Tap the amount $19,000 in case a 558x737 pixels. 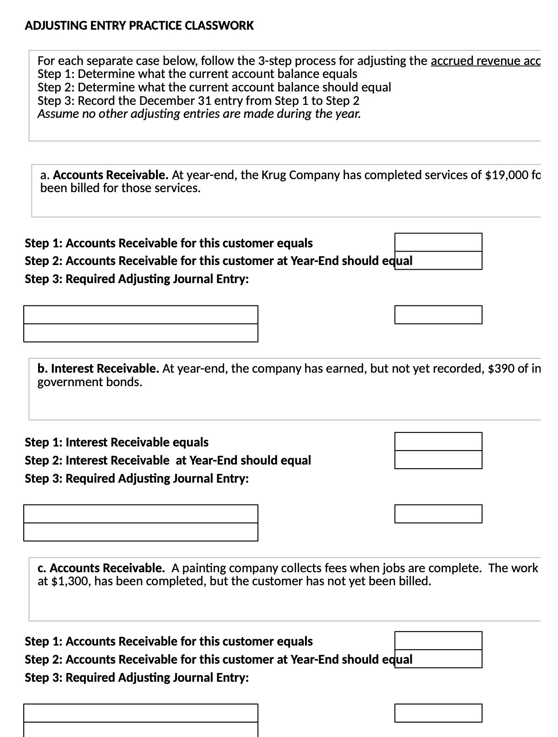(505, 175)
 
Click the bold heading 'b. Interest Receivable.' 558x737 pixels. (98, 368)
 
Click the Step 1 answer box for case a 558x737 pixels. (438, 242)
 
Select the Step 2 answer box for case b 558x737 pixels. (438, 459)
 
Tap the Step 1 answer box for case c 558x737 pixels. (438, 640)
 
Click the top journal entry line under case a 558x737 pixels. (141, 315)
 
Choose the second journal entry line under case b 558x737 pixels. (141, 532)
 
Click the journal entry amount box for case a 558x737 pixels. (438, 315)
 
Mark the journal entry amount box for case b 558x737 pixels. (438, 514)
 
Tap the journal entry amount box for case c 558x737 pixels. (438, 713)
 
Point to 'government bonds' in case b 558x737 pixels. (90, 382)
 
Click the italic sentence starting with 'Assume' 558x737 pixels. (199, 114)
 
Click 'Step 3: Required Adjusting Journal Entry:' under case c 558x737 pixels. (136, 678)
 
